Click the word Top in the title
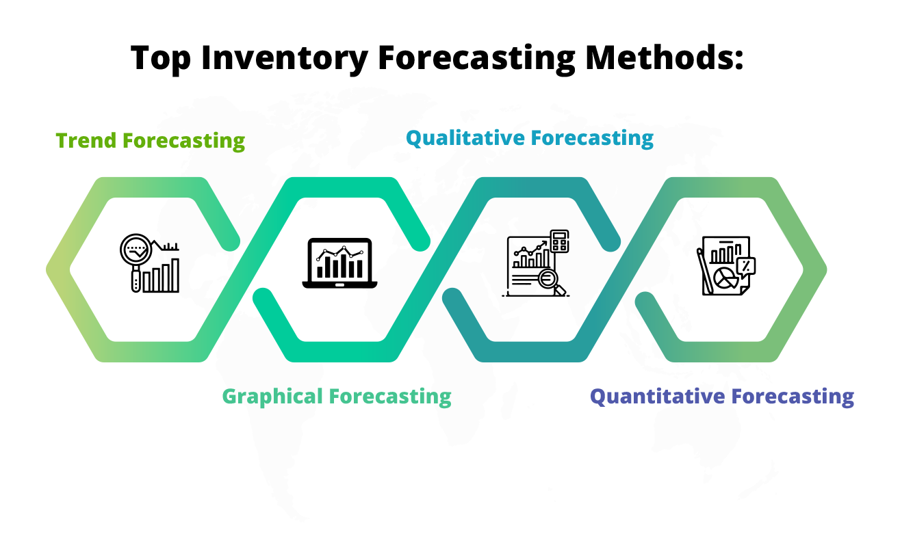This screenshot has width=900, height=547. pyautogui.click(x=161, y=58)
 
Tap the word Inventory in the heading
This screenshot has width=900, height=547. pyautogui.click(x=285, y=58)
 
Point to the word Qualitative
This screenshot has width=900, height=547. pyautogui.click(x=465, y=138)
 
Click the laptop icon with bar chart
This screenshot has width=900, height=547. pyautogui.click(x=339, y=263)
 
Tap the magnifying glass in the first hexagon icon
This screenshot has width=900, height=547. pyautogui.click(x=136, y=262)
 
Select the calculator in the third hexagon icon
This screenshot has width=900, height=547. pyautogui.click(x=559, y=241)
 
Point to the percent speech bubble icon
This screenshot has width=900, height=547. pyautogui.click(x=746, y=267)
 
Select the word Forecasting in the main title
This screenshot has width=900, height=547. pyautogui.click(x=476, y=59)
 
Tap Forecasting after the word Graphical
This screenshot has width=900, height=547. pyautogui.click(x=390, y=397)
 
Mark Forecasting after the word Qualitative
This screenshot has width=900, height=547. pyautogui.click(x=592, y=138)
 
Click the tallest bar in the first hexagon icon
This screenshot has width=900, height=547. pyautogui.click(x=175, y=276)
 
